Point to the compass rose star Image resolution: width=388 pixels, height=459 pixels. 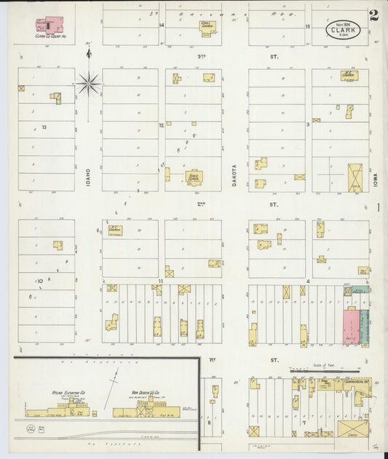click(x=89, y=84)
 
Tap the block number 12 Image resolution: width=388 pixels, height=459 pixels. click(x=162, y=125)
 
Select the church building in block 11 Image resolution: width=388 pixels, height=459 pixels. click(x=115, y=231)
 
